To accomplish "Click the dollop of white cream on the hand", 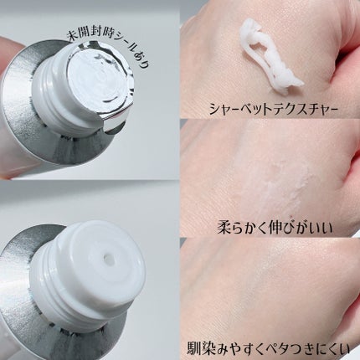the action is pyautogui.click(x=270, y=56).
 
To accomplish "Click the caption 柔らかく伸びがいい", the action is pyautogui.click(x=275, y=228).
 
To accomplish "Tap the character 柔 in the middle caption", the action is pyautogui.click(x=224, y=228).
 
